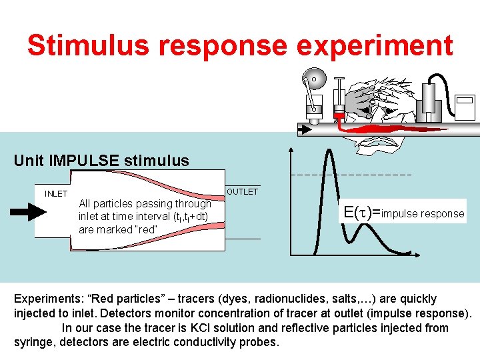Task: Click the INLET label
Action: click(x=56, y=194)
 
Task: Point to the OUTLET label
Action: click(x=242, y=192)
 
